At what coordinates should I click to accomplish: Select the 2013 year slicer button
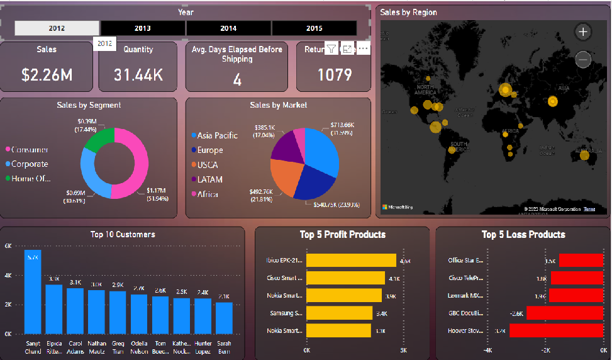(x=143, y=28)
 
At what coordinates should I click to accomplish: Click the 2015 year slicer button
(x=314, y=28)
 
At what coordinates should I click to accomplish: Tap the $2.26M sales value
(x=47, y=75)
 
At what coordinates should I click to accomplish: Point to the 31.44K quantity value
(x=138, y=75)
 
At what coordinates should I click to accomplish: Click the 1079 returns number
(x=334, y=75)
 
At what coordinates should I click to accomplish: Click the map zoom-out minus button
(x=583, y=60)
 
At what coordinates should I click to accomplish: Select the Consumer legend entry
(x=29, y=150)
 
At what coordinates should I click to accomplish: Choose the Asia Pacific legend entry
(x=217, y=135)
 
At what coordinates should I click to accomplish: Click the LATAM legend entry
(x=209, y=179)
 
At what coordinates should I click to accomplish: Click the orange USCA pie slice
(x=286, y=176)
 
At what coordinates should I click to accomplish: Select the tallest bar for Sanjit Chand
(x=33, y=293)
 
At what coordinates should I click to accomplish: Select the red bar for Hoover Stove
(x=547, y=330)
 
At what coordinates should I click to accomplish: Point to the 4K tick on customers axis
(x=8, y=276)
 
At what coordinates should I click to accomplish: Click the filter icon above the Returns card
(x=331, y=49)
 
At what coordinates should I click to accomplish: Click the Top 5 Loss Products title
(x=523, y=235)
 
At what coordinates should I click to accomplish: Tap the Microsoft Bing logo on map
(x=398, y=206)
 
